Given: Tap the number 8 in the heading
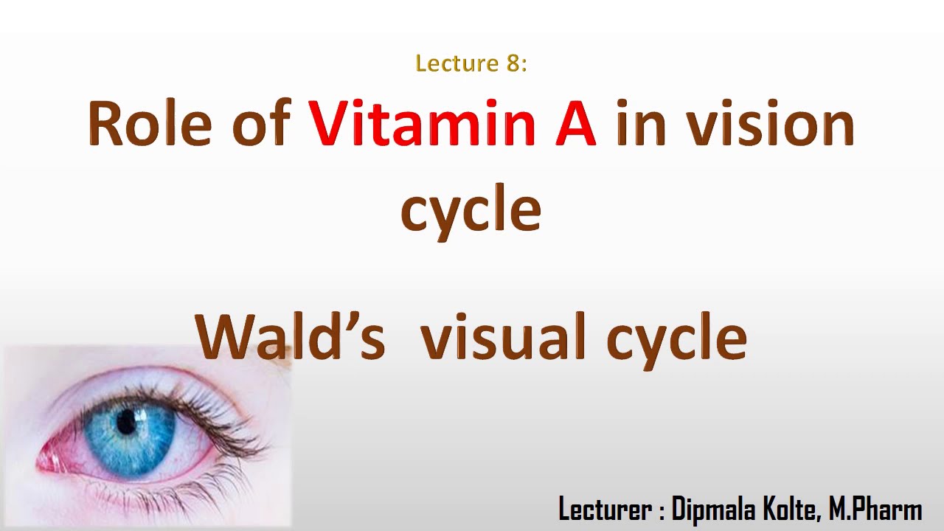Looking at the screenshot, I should pyautogui.click(x=514, y=63).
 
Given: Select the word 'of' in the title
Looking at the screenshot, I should pyautogui.click(x=260, y=124).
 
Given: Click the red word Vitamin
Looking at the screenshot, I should pyautogui.click(x=421, y=124).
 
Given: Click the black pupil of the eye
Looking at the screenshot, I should pyautogui.click(x=127, y=422).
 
